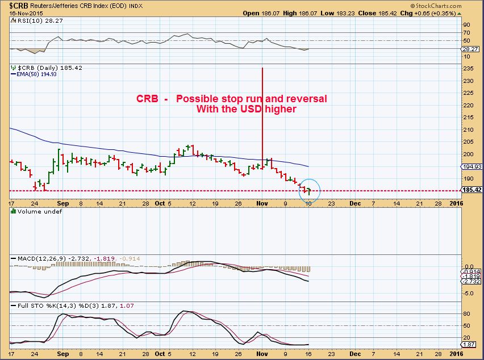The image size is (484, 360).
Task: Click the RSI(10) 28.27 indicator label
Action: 32,19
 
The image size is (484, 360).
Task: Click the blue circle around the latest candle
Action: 309,190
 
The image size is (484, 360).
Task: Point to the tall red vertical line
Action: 262,114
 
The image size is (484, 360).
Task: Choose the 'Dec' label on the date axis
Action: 354,202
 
